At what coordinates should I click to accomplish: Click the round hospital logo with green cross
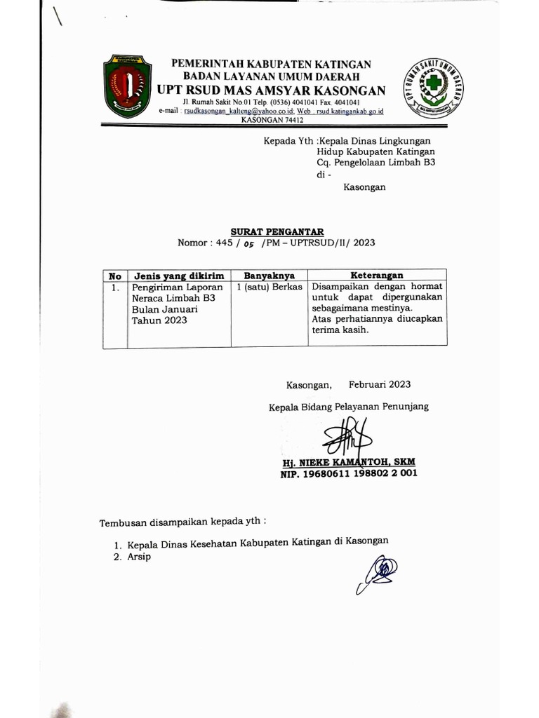(x=434, y=87)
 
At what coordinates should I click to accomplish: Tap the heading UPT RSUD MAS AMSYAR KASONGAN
(x=272, y=90)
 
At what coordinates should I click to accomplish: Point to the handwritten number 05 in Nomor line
(x=248, y=244)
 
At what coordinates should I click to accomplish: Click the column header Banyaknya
(x=269, y=276)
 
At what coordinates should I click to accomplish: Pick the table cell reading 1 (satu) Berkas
(x=269, y=287)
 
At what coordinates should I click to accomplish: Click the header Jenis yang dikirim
(x=178, y=276)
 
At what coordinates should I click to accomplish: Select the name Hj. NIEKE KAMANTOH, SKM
(x=348, y=462)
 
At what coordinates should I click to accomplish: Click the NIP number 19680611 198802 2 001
(x=349, y=473)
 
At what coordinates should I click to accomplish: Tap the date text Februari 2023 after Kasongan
(x=380, y=384)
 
